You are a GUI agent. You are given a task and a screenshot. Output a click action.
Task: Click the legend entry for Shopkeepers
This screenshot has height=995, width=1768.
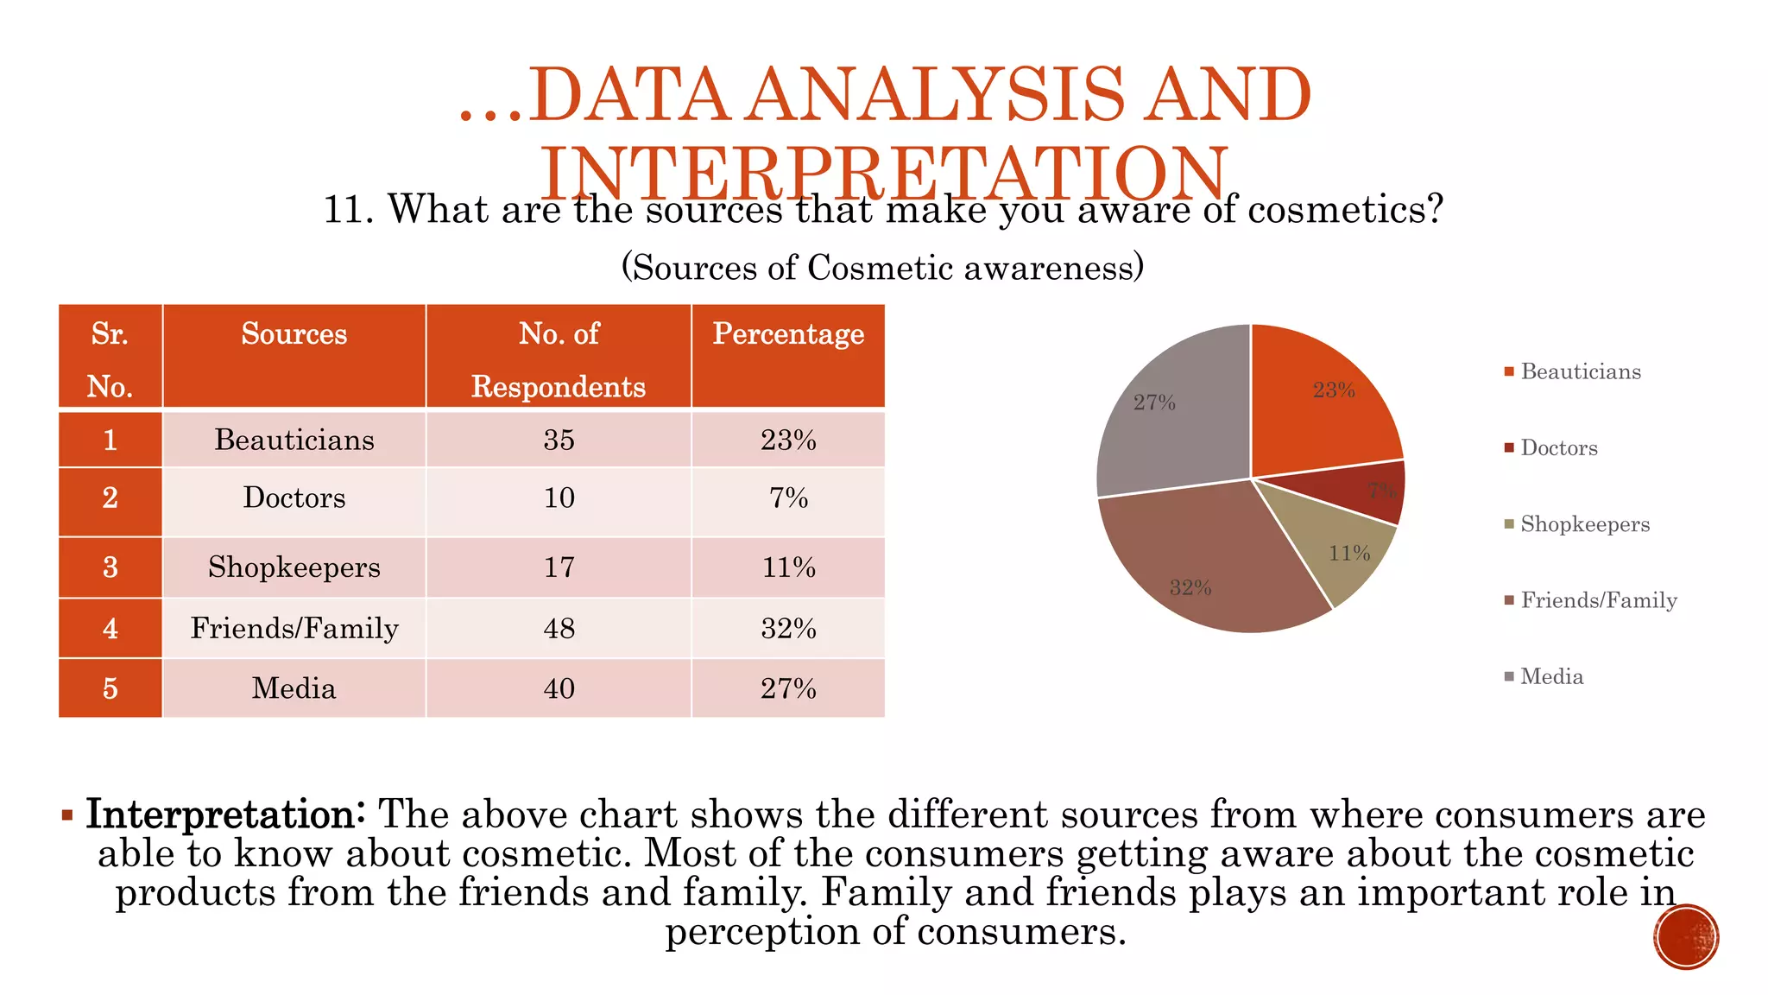tap(1584, 524)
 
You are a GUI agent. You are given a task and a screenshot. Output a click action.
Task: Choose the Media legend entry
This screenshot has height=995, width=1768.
tap(1551, 676)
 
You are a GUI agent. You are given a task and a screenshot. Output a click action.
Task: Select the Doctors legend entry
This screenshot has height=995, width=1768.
tap(1558, 448)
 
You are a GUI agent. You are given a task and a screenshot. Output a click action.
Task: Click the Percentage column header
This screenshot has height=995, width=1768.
tap(787, 334)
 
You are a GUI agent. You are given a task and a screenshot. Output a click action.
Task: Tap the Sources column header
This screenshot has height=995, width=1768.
tap(294, 334)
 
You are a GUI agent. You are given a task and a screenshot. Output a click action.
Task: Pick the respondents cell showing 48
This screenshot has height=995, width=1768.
tap(559, 628)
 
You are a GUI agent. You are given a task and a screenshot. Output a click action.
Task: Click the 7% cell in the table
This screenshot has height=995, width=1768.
tap(787, 498)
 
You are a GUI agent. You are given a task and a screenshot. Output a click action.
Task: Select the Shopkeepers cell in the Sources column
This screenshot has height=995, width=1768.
tap(294, 567)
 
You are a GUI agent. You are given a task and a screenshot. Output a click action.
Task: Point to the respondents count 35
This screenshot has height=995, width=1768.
tap(559, 440)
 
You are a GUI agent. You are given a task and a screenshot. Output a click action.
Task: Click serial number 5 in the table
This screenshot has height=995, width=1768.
tap(110, 688)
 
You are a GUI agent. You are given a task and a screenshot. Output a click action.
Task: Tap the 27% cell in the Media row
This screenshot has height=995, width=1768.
tap(787, 688)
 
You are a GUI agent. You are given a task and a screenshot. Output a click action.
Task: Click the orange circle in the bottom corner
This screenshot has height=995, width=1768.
tap(1686, 936)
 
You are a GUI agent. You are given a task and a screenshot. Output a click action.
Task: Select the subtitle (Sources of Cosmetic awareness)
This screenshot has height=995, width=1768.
tap(882, 268)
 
